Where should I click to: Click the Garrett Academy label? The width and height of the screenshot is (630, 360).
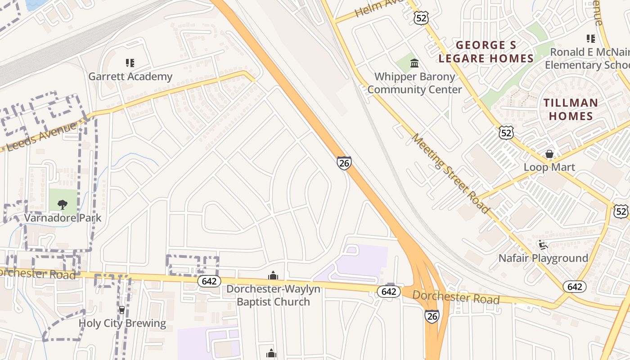click(130, 76)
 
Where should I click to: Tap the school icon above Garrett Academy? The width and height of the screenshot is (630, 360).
click(130, 63)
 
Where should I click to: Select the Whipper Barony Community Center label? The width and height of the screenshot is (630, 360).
click(414, 83)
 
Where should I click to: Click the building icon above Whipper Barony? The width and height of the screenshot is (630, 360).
click(414, 63)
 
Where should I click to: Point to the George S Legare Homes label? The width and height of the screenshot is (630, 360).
click(486, 52)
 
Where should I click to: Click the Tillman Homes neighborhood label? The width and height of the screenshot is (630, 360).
click(571, 109)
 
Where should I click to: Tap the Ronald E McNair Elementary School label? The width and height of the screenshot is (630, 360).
click(587, 58)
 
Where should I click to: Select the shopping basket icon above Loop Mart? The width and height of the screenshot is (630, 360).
click(549, 154)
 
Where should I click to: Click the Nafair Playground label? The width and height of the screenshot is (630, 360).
click(543, 258)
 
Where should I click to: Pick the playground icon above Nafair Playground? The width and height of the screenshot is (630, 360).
click(543, 245)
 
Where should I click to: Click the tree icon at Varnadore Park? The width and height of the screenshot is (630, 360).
click(63, 205)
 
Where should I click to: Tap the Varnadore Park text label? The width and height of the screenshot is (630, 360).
click(63, 218)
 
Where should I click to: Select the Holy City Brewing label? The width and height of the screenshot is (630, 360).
click(122, 323)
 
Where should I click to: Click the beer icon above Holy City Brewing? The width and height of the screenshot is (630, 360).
click(121, 310)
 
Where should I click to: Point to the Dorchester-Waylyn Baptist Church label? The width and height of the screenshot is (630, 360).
click(273, 295)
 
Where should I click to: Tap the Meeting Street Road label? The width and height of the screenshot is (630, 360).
click(450, 173)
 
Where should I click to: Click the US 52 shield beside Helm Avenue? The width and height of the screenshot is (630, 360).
click(420, 18)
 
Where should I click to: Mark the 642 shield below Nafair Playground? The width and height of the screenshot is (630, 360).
click(575, 287)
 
